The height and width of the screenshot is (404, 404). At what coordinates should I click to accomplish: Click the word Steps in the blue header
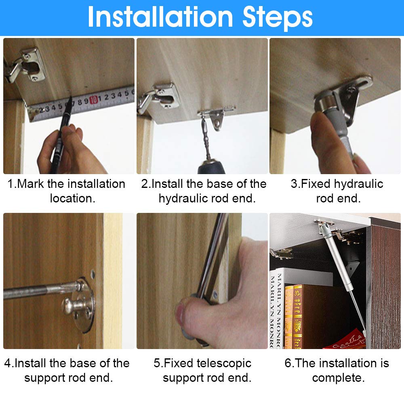(x=278, y=19)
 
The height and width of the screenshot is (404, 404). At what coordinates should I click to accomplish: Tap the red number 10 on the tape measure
(x=94, y=100)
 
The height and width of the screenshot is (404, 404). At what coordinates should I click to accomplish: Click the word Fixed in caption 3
(x=316, y=184)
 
